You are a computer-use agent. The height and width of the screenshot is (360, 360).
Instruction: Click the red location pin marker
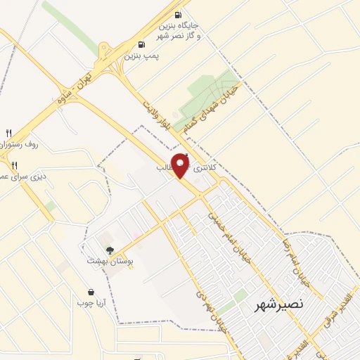click(x=181, y=165)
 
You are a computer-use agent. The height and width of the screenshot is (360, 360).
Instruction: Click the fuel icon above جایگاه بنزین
click(x=178, y=15)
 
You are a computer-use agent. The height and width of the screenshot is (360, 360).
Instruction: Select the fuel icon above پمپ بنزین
click(x=142, y=44)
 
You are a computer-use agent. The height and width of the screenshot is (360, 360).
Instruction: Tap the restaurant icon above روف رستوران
click(x=9, y=132)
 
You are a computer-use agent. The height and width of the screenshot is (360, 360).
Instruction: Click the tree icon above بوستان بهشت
click(x=108, y=250)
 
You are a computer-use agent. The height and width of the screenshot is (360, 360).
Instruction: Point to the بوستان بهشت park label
click(x=105, y=261)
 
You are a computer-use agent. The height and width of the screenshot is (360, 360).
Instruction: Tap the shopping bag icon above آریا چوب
click(x=91, y=292)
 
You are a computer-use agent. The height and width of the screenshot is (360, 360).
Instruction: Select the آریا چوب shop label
click(x=91, y=302)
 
